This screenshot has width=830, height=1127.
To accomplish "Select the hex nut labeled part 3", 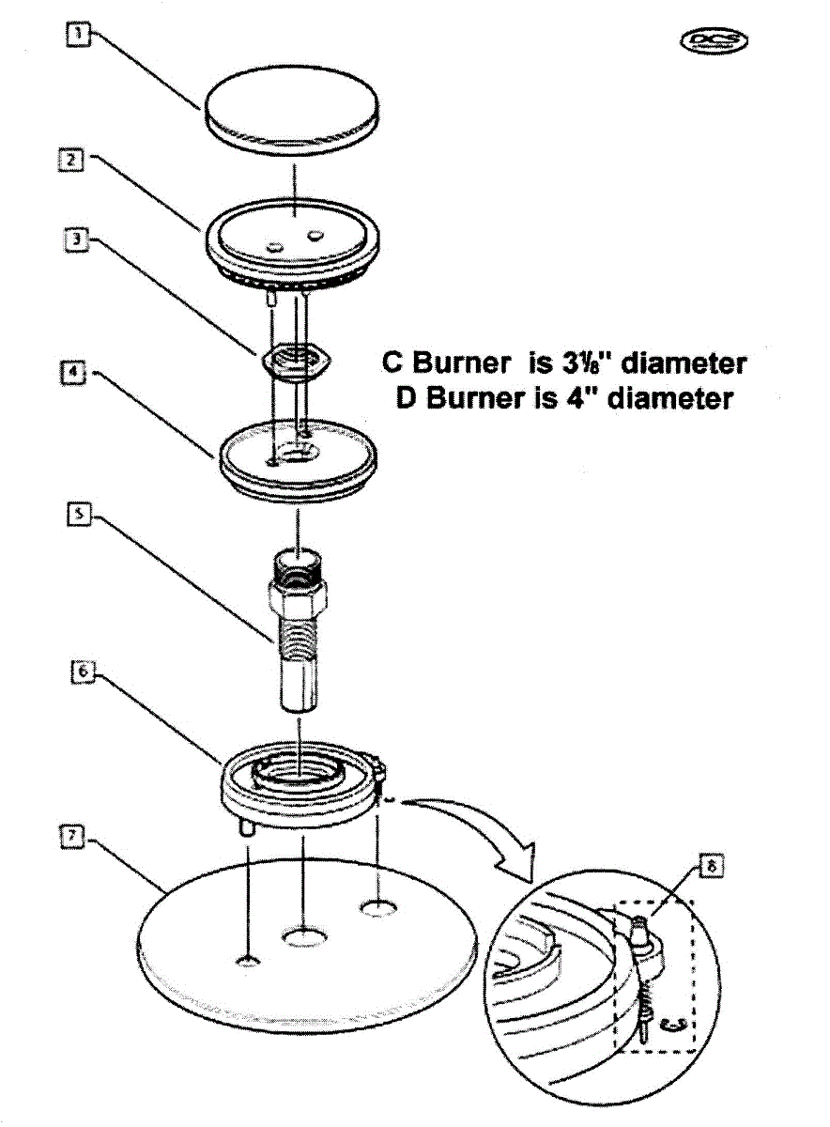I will coord(294,361).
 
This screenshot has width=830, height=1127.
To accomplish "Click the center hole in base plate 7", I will coord(303,936).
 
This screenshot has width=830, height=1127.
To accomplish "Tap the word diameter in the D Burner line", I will coord(669,398).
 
